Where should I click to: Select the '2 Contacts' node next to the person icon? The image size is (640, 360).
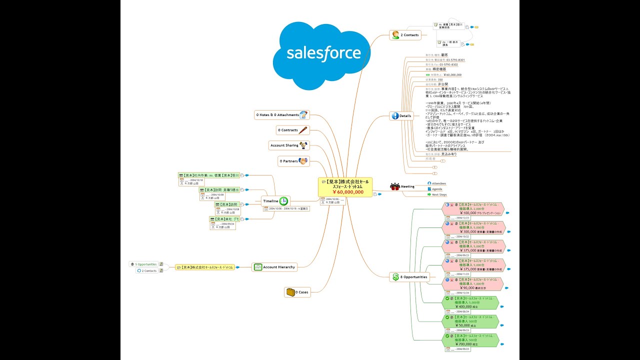tap(409, 35)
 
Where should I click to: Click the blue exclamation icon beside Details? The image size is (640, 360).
tap(395, 115)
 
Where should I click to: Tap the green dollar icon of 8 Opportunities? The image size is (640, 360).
tap(395, 276)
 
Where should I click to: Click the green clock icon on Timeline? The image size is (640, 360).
tap(283, 200)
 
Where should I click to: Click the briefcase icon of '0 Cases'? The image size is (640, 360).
tap(289, 292)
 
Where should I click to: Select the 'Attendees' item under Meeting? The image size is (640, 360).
tap(438, 183)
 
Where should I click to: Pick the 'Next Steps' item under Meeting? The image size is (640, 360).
tap(439, 194)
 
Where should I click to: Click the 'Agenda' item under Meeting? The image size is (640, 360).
tap(436, 189)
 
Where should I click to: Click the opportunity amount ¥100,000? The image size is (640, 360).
tap(465, 212)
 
